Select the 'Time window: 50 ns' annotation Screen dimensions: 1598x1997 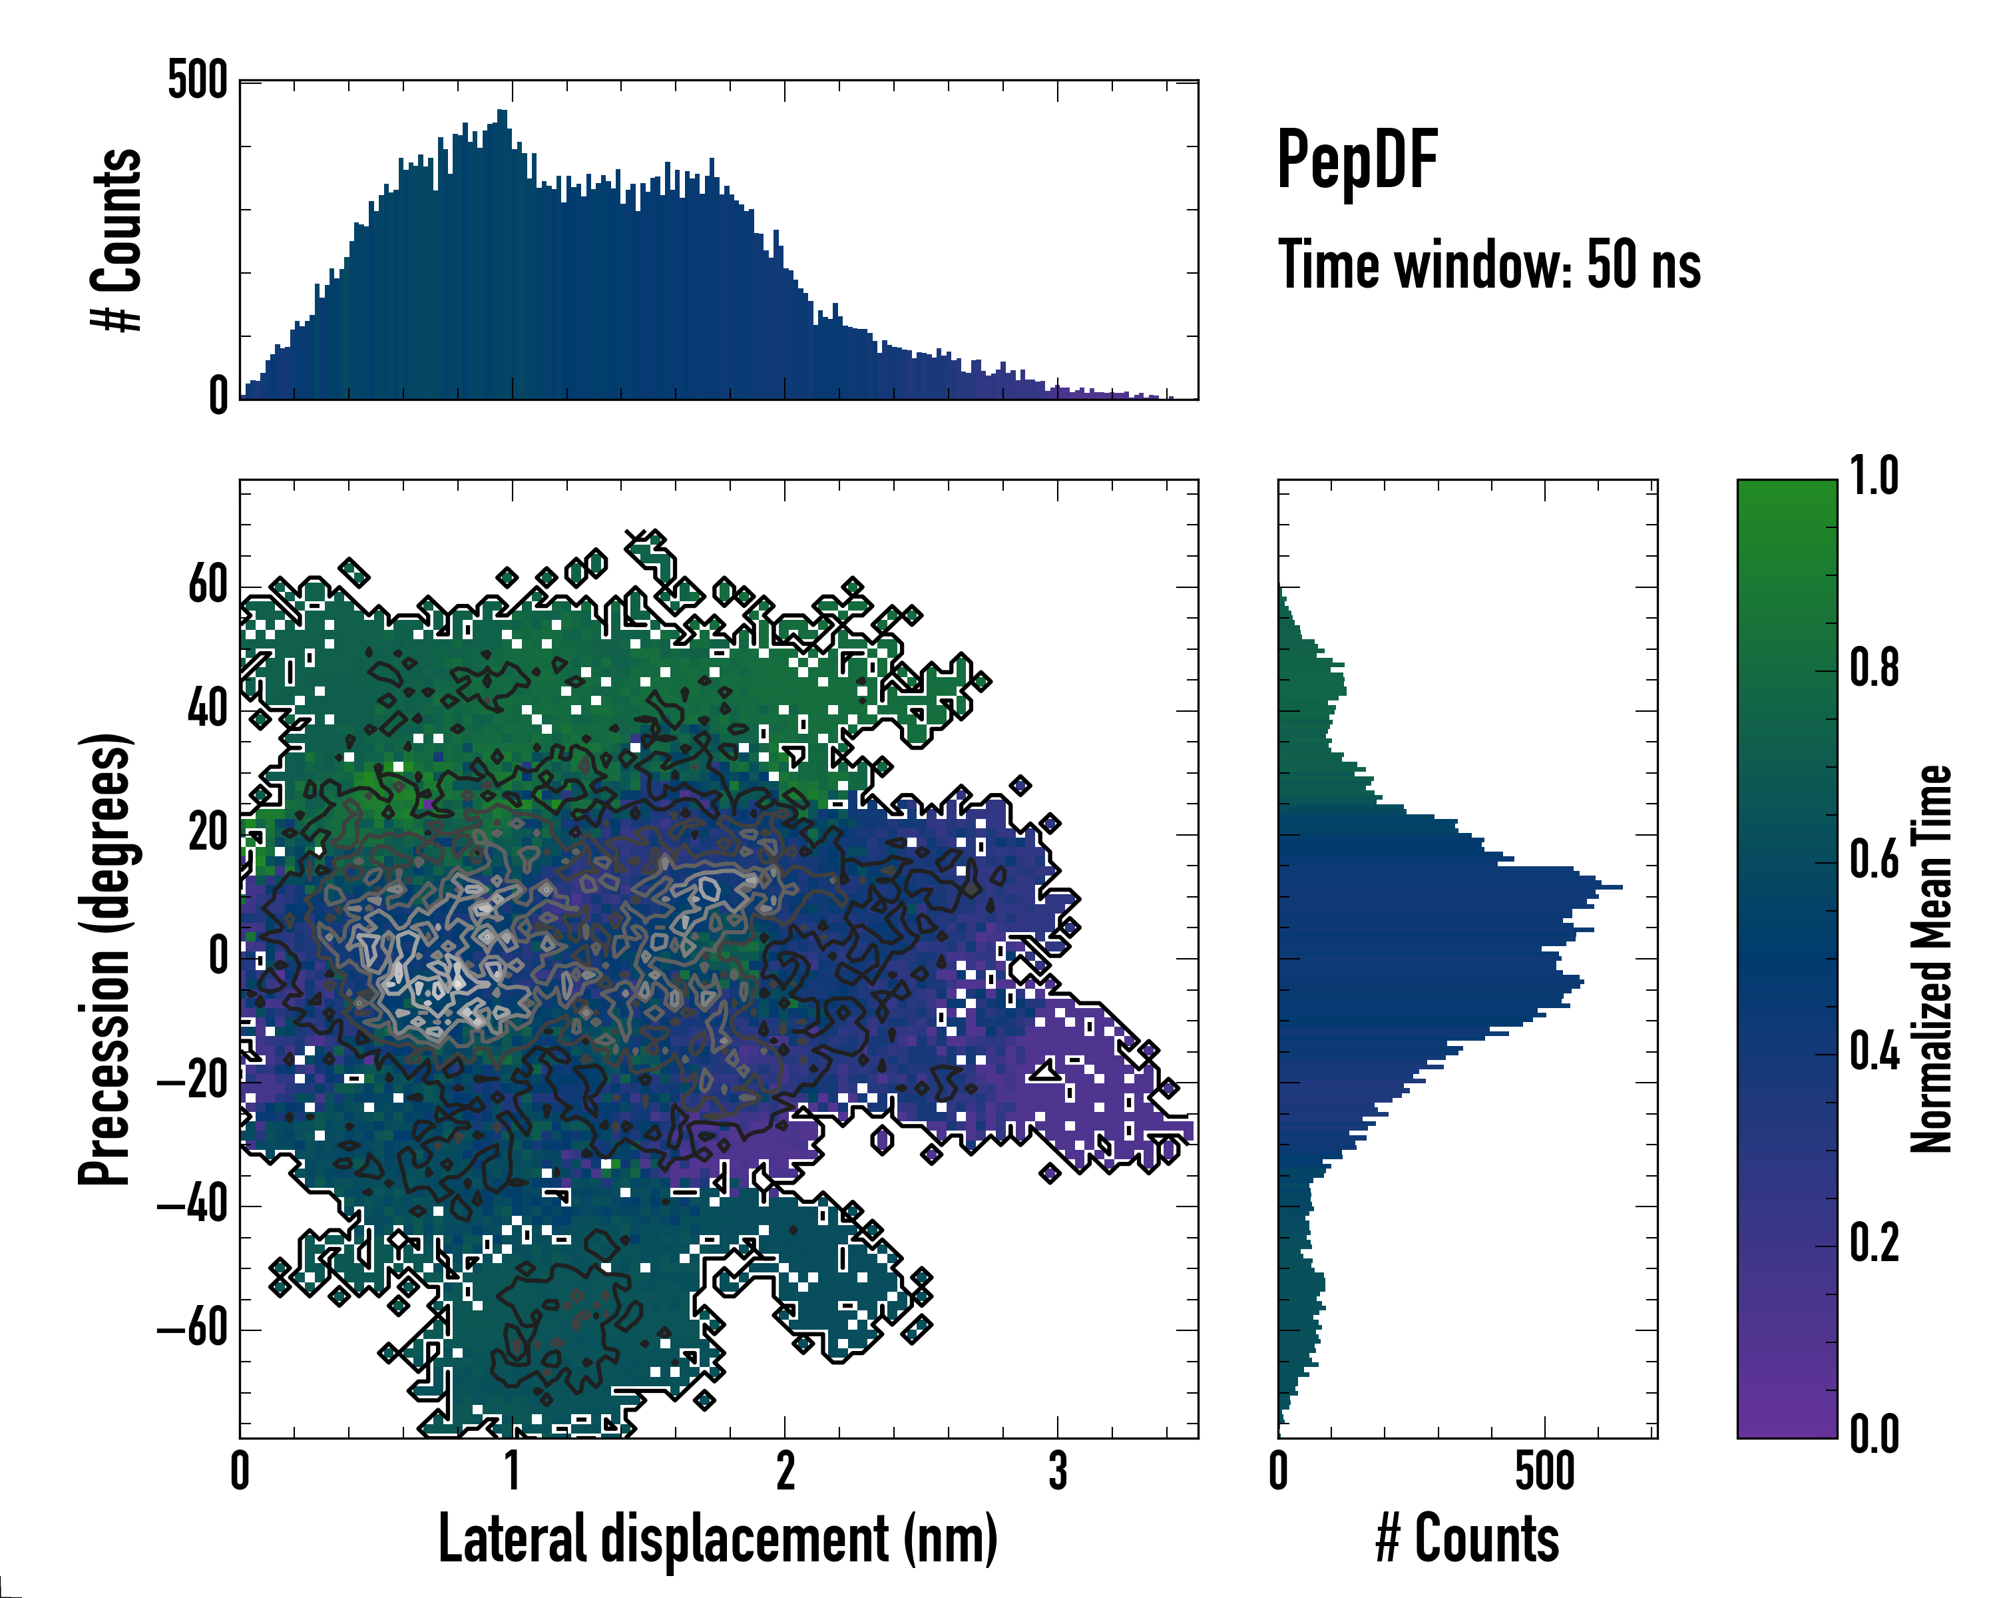click(1488, 265)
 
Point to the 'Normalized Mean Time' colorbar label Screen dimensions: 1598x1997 click(1931, 959)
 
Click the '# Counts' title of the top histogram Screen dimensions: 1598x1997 click(116, 240)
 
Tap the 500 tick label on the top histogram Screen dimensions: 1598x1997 click(197, 81)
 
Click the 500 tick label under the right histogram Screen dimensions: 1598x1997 click(1544, 1472)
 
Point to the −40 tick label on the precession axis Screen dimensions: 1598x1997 click(192, 1205)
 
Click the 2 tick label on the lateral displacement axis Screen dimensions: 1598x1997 click(785, 1472)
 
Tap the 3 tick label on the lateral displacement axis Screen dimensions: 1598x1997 click(1058, 1472)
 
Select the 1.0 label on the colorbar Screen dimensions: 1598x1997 click(1874, 477)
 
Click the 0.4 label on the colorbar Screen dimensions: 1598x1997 click(1874, 1053)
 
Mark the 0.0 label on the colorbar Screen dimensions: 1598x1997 click(1874, 1434)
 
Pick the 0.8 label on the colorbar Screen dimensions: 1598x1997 click(1874, 669)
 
